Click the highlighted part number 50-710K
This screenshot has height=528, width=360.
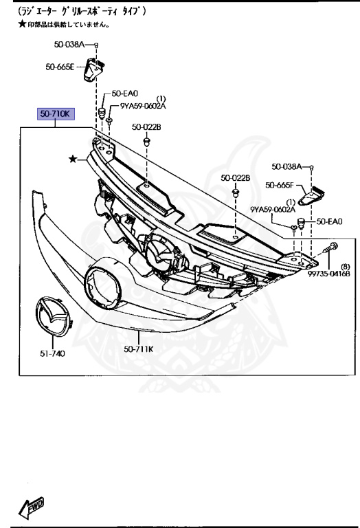[55, 114]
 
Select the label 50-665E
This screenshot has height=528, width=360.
[60, 67]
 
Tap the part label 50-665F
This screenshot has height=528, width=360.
[279, 185]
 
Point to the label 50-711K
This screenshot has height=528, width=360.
[138, 349]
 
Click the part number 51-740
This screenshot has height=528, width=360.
[52, 353]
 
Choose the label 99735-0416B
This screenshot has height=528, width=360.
[328, 274]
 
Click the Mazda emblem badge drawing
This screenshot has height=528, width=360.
[52, 316]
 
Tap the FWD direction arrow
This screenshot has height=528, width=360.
[32, 507]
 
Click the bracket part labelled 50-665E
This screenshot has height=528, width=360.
[94, 69]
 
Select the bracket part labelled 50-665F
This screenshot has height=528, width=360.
[311, 196]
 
